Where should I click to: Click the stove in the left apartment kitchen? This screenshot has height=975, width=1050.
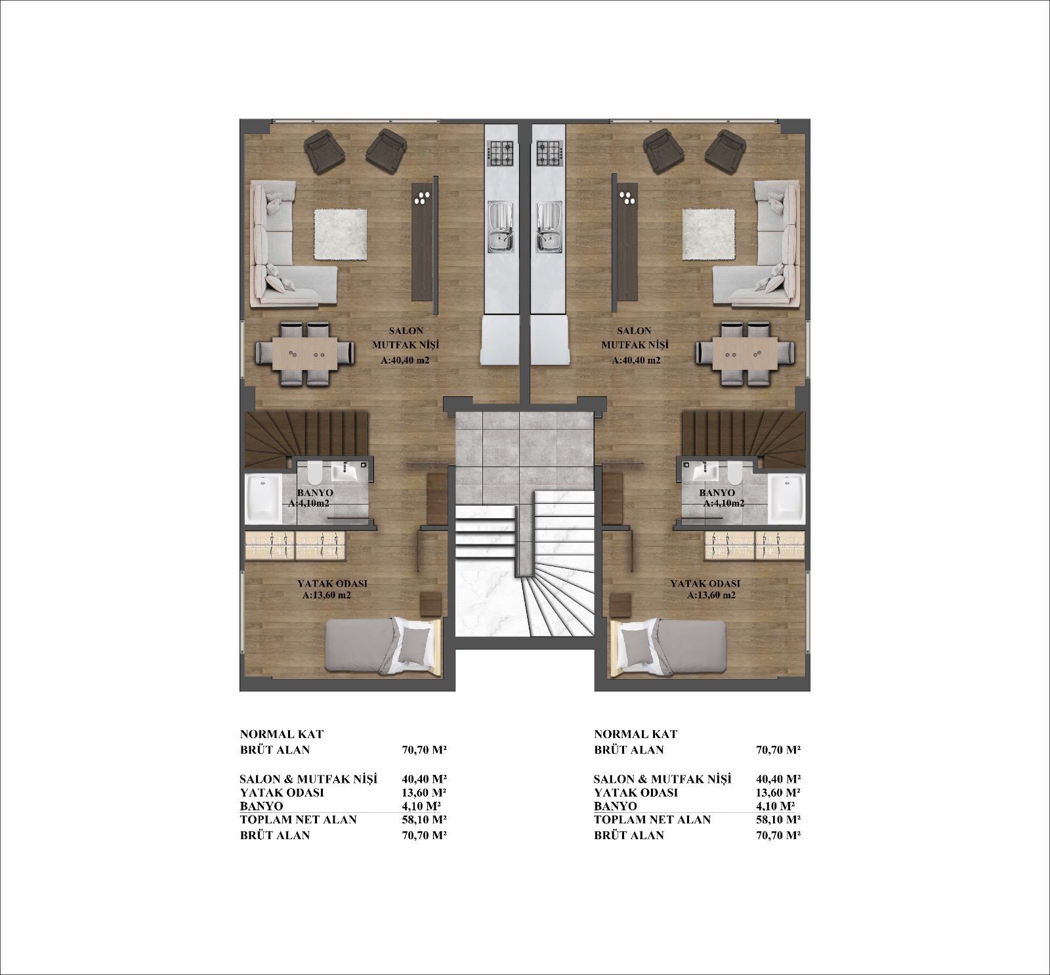[501, 154]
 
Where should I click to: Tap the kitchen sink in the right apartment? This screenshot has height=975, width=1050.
[549, 227]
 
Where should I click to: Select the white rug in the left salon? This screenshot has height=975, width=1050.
[340, 234]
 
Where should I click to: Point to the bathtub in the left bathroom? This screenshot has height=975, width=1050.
[262, 499]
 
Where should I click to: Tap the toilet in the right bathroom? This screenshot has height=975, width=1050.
[734, 470]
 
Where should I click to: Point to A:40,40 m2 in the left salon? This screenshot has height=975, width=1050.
[405, 360]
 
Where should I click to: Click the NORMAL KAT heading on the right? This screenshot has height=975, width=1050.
[635, 734]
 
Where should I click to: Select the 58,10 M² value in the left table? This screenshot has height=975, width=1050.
[424, 819]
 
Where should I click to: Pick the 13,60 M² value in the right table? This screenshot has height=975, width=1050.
[778, 793]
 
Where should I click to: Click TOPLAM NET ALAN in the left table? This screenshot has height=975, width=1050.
[298, 819]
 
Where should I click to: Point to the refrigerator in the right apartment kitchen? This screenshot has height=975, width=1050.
[547, 341]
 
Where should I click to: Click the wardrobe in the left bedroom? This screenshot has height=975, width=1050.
[295, 546]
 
